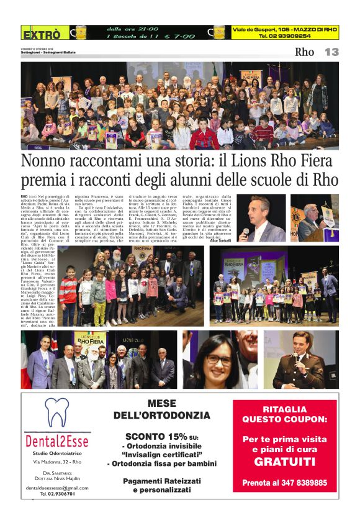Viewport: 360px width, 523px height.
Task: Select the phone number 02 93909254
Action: (x=286, y=36)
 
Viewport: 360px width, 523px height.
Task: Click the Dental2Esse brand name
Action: (x=57, y=441)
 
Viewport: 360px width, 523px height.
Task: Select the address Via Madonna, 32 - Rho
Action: (x=57, y=463)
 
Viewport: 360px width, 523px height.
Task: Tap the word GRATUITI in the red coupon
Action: (x=284, y=462)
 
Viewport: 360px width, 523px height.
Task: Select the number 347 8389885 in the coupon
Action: (x=302, y=483)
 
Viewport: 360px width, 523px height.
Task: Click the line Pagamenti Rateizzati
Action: (x=161, y=481)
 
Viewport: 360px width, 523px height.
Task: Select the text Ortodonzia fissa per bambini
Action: (x=161, y=463)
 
